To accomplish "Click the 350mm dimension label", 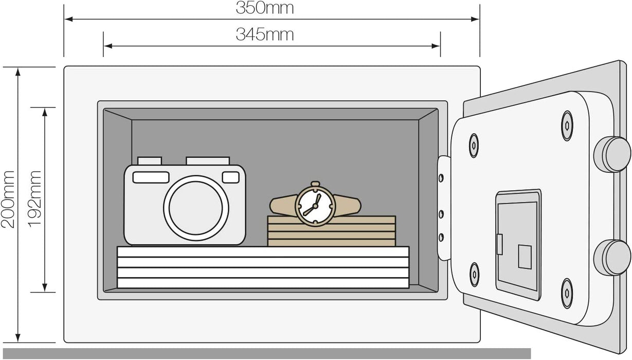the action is tap(265, 8).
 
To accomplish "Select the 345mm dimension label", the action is tap(265, 34).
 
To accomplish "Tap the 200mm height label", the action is tap(8, 199).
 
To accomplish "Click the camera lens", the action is tap(196, 208).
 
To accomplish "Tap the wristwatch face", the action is tap(315, 206).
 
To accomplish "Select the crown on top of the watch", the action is tap(315, 184).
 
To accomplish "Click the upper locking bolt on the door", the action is tap(612, 154).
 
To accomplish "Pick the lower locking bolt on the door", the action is tap(612, 257).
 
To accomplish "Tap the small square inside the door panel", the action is tap(525, 257).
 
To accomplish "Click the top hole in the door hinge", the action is tap(441, 178).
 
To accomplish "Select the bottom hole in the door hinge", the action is tap(441, 237).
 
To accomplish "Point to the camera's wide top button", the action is tap(208, 161).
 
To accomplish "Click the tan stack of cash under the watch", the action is tap(332, 231).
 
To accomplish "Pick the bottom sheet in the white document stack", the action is tap(263, 283).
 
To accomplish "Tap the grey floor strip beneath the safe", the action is tap(267, 353).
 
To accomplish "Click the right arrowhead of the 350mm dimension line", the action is tap(475, 19).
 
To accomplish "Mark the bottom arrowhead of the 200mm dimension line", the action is tap(18, 337).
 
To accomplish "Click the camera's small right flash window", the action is tap(230, 177).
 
